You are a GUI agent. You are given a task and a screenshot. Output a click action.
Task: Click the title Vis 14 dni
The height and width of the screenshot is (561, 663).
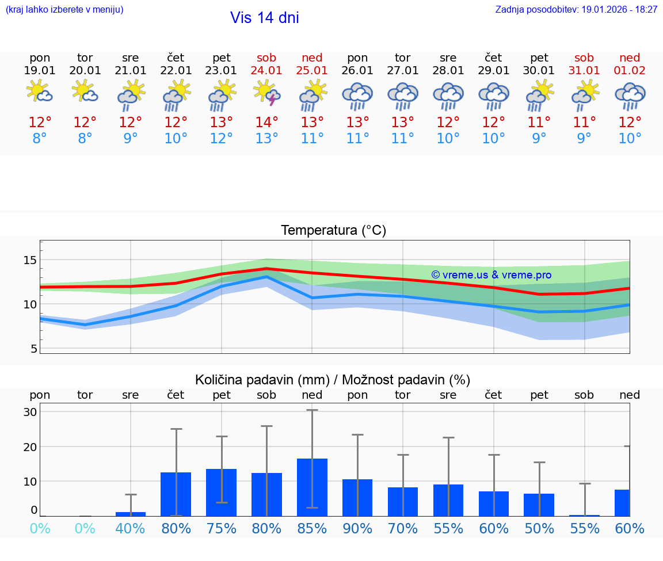[265, 18]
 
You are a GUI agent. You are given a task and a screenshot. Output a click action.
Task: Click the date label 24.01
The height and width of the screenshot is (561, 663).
[266, 71]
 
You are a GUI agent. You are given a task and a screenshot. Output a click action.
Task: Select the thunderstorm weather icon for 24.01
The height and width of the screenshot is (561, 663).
[267, 94]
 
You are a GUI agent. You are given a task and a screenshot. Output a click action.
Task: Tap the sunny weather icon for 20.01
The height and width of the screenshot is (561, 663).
[85, 91]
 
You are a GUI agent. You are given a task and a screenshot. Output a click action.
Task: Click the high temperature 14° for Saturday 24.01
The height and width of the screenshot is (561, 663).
[266, 123]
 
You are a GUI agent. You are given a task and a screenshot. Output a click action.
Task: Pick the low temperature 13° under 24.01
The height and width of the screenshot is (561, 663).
[266, 139]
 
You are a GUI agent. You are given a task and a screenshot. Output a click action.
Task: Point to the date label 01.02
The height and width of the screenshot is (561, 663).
[630, 71]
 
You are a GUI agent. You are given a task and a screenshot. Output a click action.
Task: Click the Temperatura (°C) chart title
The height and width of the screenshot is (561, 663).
[333, 231]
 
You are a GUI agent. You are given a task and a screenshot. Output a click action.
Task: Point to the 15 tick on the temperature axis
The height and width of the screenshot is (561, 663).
[30, 260]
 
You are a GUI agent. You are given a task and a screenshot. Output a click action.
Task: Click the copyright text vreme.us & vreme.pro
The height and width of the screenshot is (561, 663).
[491, 275]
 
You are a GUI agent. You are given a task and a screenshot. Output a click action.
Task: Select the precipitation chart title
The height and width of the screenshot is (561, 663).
[333, 380]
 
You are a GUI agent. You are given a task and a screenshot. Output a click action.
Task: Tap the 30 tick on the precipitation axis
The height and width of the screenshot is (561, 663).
[30, 412]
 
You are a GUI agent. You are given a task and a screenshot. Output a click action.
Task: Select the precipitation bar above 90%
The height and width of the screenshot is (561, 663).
[357, 497]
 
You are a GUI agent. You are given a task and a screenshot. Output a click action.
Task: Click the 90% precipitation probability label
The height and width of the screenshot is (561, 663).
[357, 529]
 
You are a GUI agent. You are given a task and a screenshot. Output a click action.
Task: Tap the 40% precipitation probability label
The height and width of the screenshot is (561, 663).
[131, 529]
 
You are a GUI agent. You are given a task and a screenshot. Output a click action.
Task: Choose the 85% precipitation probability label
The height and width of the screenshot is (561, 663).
[312, 529]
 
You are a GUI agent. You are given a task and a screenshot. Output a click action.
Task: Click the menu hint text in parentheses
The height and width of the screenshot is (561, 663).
[64, 10]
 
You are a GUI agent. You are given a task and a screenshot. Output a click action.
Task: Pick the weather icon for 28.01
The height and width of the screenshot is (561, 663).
[448, 96]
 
